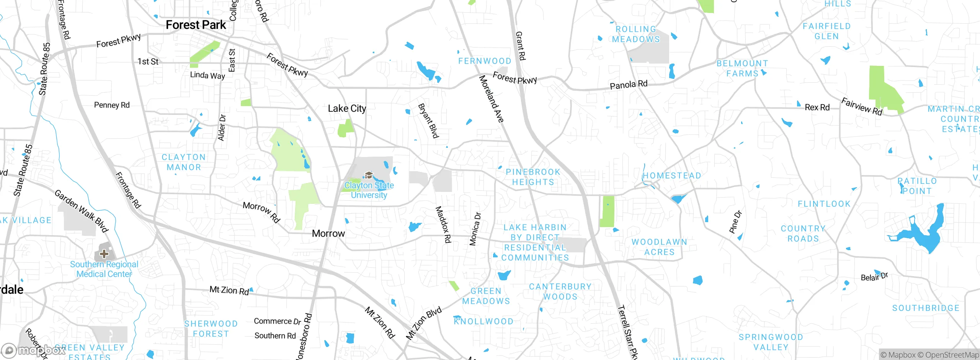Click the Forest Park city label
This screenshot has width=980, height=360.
pos(196,25)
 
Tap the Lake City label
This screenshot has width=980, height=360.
pos(347,109)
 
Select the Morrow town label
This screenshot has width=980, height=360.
pos(328,234)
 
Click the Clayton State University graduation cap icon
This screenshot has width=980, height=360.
pos(369,175)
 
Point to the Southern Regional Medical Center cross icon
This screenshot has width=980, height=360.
pos(104,254)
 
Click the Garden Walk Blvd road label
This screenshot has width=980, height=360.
pos(81,211)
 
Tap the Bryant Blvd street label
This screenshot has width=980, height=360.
pos(428,121)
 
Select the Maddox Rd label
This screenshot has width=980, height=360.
pos(443,225)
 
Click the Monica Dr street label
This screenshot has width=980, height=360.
pos(475,229)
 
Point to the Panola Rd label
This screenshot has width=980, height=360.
pos(628,85)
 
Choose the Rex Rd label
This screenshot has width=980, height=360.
pos(817,108)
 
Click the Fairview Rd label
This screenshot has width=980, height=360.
pos(861,107)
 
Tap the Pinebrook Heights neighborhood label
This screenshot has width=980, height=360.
pos(533,177)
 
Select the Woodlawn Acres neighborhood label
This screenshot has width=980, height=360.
pos(659,247)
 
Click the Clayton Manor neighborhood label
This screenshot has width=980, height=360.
pos(184,162)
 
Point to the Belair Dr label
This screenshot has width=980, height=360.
pos(874,277)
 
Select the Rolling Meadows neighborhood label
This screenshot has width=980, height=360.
pos(636,34)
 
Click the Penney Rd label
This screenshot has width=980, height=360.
pos(112,105)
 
